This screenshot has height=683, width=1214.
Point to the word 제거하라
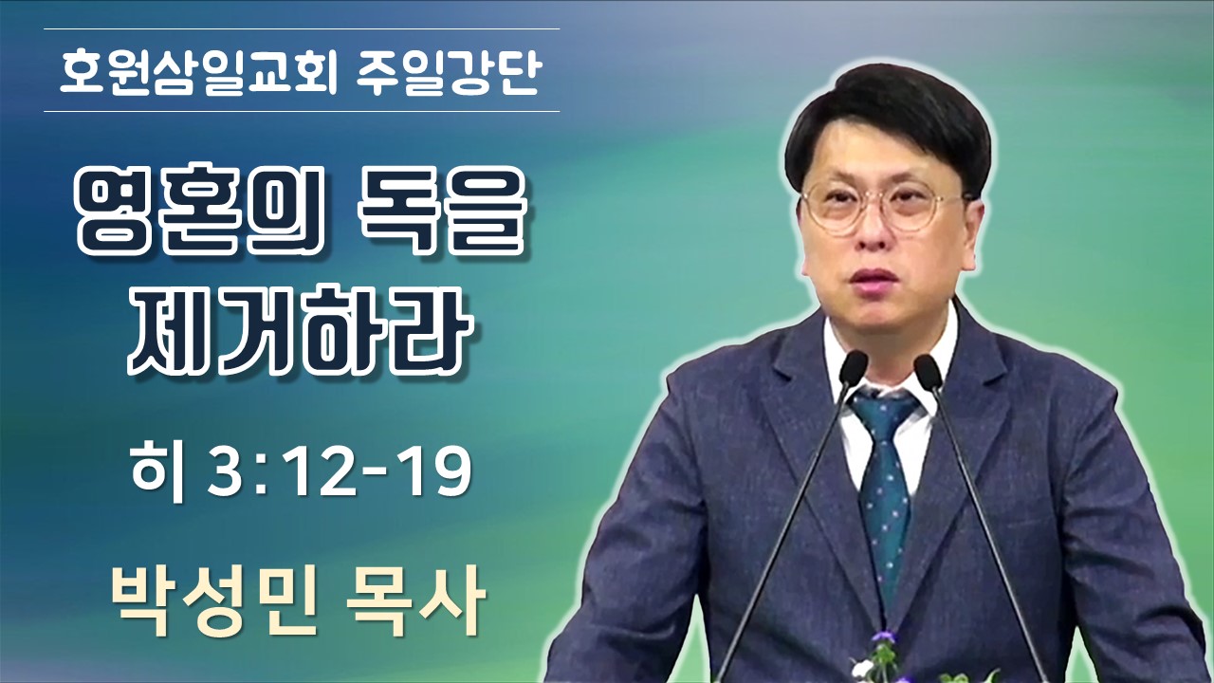pyautogui.click(x=301, y=332)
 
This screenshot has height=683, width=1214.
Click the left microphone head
pyautogui.click(x=853, y=368)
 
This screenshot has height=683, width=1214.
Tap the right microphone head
pyautogui.click(x=929, y=371)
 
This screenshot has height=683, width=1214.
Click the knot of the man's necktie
pyautogui.click(x=883, y=416)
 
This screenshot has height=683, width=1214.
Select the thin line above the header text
pyautogui.click(x=302, y=28)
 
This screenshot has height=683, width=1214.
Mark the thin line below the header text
pyautogui.click(x=302, y=112)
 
